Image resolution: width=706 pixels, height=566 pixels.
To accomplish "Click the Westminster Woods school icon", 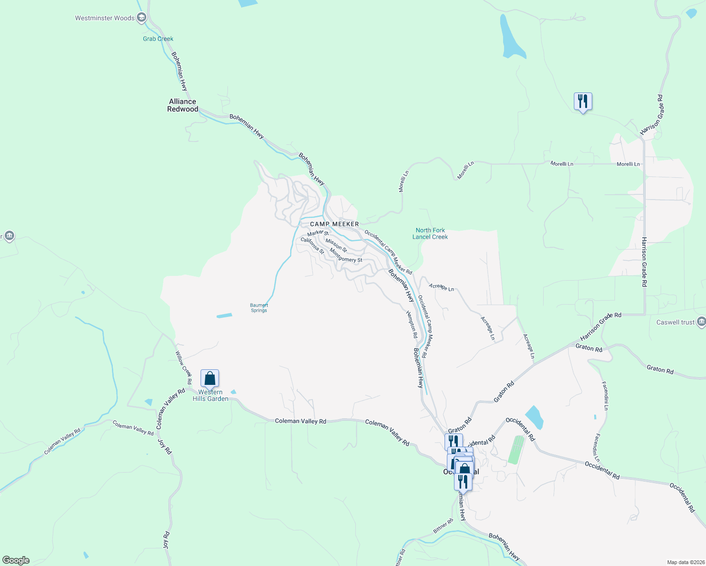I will (x=141, y=18).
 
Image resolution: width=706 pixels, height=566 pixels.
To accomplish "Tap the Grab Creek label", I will (x=158, y=39).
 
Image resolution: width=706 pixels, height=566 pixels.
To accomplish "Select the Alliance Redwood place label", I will (x=183, y=105).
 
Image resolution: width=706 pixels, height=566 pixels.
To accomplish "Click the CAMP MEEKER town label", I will (x=334, y=224).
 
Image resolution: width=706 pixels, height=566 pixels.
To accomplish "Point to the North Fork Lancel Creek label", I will (x=430, y=233).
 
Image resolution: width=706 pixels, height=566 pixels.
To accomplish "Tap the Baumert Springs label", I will (x=259, y=308).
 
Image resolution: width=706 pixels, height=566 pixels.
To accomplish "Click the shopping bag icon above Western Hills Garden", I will (x=210, y=378).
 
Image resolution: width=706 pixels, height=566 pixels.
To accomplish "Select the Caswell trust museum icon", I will (x=701, y=322).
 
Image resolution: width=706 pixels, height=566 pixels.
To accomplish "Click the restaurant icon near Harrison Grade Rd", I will (x=583, y=101).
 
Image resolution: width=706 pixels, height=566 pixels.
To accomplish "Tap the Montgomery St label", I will (x=346, y=256).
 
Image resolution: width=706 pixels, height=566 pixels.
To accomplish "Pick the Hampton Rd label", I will (x=412, y=324).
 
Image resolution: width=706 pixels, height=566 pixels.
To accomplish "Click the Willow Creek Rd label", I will (x=184, y=367).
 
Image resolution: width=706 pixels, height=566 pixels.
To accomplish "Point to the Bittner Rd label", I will (x=443, y=526).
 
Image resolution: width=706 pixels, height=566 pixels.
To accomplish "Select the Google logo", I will (x=16, y=560).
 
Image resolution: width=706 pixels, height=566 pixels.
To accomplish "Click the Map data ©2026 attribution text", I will (x=684, y=562).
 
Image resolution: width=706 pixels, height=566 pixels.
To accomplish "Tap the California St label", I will (x=312, y=246).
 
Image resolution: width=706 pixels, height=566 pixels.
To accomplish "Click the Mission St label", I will (x=336, y=245).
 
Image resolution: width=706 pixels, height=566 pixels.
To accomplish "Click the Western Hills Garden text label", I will (x=210, y=395).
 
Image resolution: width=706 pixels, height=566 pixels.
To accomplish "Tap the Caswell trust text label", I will (x=675, y=322).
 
